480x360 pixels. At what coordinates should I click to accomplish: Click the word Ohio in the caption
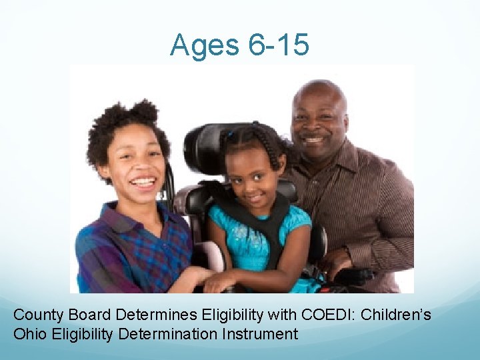(29, 333)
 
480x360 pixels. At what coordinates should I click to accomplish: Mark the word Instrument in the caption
(263, 333)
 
